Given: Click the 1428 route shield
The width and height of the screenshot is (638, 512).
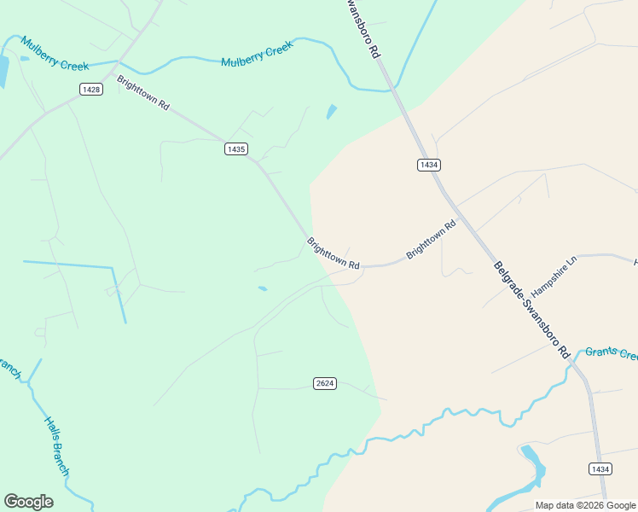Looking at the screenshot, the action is click(x=91, y=89).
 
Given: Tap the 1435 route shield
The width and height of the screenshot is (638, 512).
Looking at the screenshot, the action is click(x=236, y=148).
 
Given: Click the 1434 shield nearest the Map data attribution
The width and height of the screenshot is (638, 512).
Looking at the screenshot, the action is click(x=600, y=468).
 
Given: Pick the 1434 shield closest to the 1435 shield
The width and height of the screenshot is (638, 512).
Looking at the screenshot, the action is click(x=428, y=165).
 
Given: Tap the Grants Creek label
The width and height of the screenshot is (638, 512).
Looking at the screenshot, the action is click(x=611, y=353).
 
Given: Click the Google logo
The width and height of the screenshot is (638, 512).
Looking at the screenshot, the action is click(x=28, y=502).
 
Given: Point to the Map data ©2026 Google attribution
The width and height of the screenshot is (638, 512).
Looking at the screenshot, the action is click(x=585, y=505).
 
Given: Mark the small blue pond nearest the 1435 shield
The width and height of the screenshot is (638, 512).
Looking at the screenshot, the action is click(x=331, y=112).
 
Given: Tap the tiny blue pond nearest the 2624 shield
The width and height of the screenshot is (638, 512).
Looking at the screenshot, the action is click(x=263, y=288).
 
